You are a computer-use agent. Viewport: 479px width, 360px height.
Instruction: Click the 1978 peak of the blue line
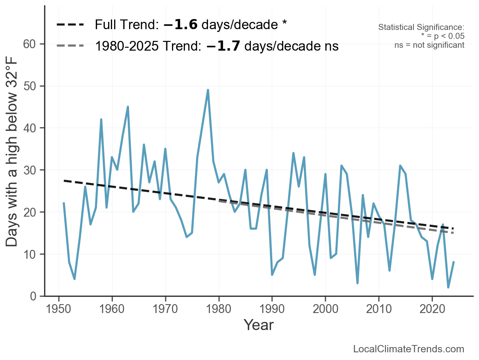pyautogui.click(x=208, y=90)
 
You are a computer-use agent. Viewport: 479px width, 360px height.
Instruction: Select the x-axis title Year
pyautogui.click(x=259, y=325)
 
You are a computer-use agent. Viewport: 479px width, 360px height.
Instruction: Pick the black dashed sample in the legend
pyautogui.click(x=70, y=25)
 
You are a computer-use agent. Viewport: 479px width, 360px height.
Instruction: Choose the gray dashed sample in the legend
pyautogui.click(x=70, y=46)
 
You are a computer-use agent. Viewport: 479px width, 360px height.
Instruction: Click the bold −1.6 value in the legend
pyautogui.click(x=180, y=25)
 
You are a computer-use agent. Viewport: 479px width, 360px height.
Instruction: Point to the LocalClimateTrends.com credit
pyautogui.click(x=409, y=349)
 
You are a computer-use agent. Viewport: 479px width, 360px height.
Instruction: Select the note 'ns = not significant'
pyautogui.click(x=429, y=45)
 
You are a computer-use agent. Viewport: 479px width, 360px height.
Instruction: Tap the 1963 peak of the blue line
pyautogui.click(x=128, y=107)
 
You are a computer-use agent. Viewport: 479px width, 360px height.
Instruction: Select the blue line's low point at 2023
pyautogui.click(x=448, y=288)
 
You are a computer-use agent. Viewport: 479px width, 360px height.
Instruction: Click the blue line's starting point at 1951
pyautogui.click(x=64, y=203)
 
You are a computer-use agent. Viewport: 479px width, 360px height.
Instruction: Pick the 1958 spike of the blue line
pyautogui.click(x=101, y=119)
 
